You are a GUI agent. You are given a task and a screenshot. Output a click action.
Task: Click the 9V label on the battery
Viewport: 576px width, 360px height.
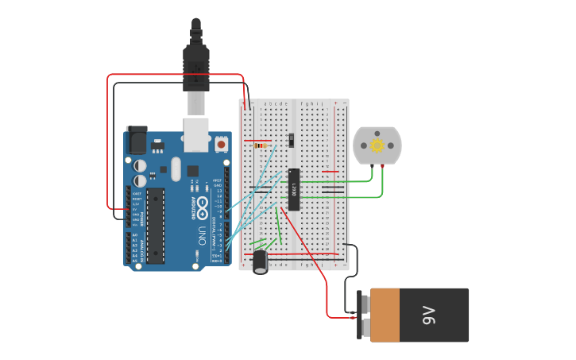click(x=430, y=315)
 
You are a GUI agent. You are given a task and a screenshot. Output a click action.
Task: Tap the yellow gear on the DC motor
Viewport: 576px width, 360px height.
click(x=377, y=145)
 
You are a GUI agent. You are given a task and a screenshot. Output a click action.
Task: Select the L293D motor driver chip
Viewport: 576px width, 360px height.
click(x=294, y=190)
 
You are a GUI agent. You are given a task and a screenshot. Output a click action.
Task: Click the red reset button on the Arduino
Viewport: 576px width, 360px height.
click(x=221, y=145)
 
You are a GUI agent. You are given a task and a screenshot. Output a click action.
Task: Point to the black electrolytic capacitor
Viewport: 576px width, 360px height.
click(x=261, y=261)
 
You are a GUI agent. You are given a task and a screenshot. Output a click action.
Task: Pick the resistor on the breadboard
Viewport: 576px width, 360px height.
click(x=258, y=145)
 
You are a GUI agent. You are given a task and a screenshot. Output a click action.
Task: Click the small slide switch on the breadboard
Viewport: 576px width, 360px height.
click(x=291, y=140)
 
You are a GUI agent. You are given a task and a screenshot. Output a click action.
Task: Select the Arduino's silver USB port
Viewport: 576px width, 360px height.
click(x=196, y=134)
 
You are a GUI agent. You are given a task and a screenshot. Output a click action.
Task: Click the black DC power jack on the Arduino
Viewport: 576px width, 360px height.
click(x=136, y=141)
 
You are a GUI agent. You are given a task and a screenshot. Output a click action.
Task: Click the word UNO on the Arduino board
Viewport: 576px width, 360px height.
click(x=202, y=236)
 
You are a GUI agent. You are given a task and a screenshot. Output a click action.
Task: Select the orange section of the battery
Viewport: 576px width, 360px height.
click(x=385, y=315)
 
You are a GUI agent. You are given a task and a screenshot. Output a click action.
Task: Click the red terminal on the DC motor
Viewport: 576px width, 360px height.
click(x=383, y=165)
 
